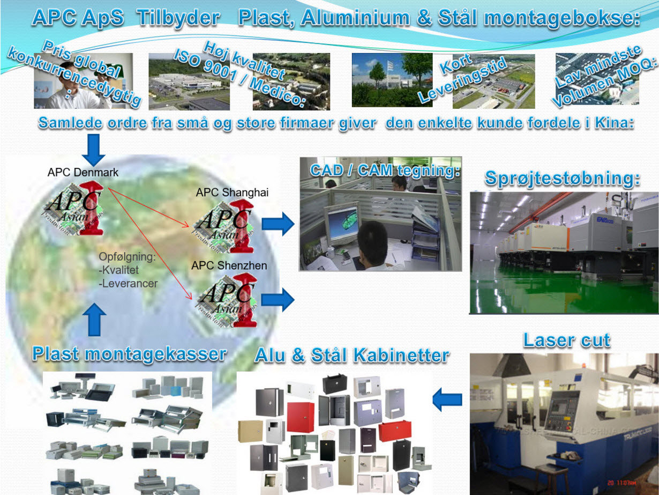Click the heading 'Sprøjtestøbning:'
pyautogui.click(x=562, y=178)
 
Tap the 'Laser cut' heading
pyautogui.click(x=566, y=340)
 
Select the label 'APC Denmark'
pyautogui.click(x=83, y=173)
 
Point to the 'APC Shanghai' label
pyautogui.click(x=232, y=193)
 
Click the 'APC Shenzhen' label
pyautogui.click(x=229, y=265)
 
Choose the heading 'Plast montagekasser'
pyautogui.click(x=129, y=354)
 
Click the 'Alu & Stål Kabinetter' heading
pyautogui.click(x=351, y=355)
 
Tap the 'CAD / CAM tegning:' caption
pyautogui.click(x=385, y=170)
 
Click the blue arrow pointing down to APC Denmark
pyautogui.click(x=94, y=150)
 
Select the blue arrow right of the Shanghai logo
pyautogui.click(x=279, y=223)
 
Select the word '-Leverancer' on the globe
pyautogui.click(x=128, y=283)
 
